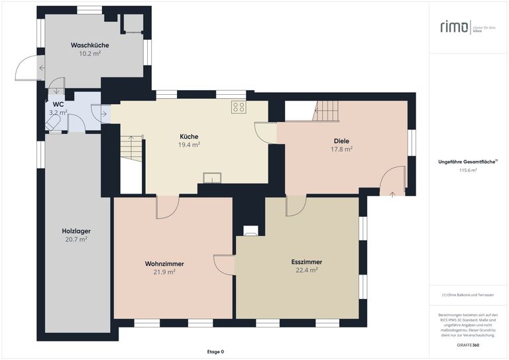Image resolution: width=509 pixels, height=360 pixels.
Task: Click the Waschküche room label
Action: click(x=89, y=45)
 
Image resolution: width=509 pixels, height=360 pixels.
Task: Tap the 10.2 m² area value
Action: click(x=89, y=54)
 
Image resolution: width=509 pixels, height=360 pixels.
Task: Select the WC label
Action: click(x=58, y=104)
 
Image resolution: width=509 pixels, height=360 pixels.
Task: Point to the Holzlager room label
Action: click(x=76, y=231)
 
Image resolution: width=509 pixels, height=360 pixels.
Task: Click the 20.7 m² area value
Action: click(x=76, y=239)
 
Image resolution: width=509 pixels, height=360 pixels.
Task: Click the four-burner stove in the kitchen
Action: click(x=239, y=107)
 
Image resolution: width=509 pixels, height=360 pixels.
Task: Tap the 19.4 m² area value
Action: click(x=189, y=144)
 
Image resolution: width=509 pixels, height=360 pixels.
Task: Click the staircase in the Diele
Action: click(x=325, y=111)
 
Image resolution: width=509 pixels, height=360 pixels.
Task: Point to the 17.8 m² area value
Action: click(x=341, y=149)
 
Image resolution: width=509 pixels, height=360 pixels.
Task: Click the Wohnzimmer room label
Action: click(x=164, y=263)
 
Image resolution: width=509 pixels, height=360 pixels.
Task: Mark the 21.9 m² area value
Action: click(x=164, y=272)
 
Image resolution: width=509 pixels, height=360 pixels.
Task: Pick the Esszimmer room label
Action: click(x=307, y=261)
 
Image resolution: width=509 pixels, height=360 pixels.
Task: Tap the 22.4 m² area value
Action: click(x=307, y=270)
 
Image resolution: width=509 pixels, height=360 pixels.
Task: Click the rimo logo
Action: click(x=453, y=27)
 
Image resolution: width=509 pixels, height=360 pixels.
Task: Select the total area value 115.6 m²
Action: click(x=468, y=170)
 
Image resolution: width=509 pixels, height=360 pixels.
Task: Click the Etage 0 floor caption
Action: click(x=215, y=351)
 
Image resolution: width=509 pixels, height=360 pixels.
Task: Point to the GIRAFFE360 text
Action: click(x=468, y=345)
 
